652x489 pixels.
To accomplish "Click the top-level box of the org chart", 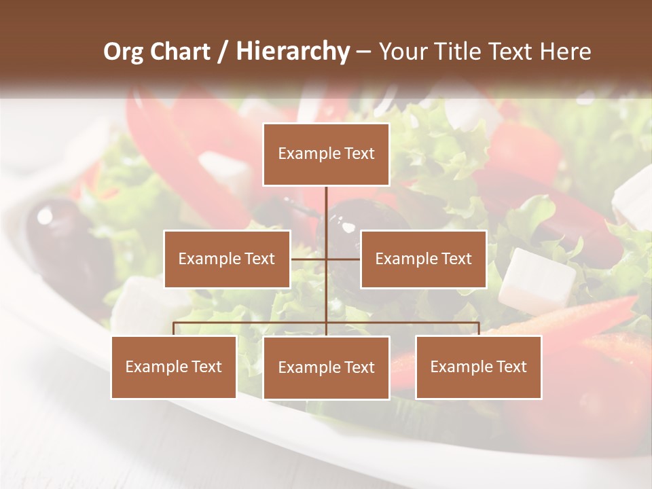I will (x=326, y=154).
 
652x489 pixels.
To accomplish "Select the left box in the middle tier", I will (x=227, y=259).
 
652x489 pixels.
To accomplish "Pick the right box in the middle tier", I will (x=423, y=259).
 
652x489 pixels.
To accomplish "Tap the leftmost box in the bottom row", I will (x=174, y=367).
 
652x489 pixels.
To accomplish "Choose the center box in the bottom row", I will (x=326, y=367).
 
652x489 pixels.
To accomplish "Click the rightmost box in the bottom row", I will (x=479, y=367).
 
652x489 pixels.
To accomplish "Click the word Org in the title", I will (x=124, y=52).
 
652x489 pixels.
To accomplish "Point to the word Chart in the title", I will (x=180, y=52).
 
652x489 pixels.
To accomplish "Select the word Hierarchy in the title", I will (x=293, y=52).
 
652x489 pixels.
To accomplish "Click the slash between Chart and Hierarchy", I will (x=223, y=52).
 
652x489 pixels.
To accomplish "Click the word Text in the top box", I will (x=359, y=154).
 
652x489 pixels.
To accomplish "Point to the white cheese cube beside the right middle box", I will (x=536, y=280).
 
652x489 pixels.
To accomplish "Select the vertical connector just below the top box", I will (x=326, y=204).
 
